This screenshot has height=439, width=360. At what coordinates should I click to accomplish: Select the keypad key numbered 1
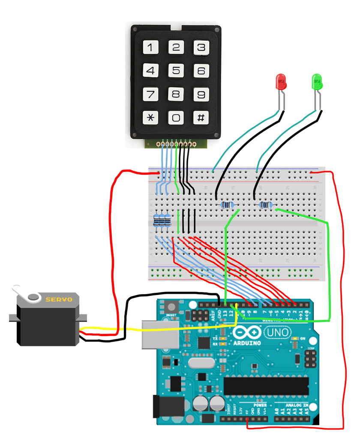[x=150, y=47]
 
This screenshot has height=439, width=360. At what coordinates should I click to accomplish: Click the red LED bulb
[x=281, y=81]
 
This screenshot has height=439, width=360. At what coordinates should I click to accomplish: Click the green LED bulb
[x=317, y=81]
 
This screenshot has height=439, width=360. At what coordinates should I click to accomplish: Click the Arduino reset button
[x=171, y=307]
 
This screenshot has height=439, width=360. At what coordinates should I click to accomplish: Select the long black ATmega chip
[x=266, y=386]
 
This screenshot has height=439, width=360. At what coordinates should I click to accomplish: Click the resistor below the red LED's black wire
[x=228, y=205]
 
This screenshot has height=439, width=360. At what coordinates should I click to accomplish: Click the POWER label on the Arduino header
[x=260, y=405]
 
